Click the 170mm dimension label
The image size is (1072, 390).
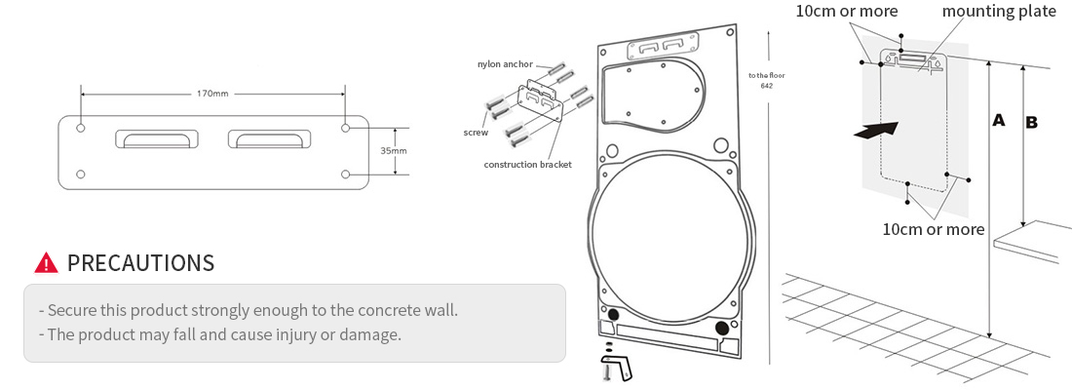click(212, 94)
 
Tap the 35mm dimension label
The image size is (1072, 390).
click(394, 151)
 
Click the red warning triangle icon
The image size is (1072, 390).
click(46, 262)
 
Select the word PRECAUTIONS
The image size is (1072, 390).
click(140, 262)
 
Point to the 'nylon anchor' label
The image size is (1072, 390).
click(505, 64)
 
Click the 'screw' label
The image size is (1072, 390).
click(476, 133)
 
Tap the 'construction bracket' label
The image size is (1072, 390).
click(527, 164)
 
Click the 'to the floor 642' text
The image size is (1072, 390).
click(766, 81)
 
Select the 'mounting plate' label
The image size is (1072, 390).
click(998, 12)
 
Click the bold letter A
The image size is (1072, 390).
click(998, 121)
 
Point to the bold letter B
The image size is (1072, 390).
click(1031, 123)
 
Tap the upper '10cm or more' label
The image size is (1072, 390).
click(847, 12)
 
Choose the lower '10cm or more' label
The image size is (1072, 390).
click(933, 229)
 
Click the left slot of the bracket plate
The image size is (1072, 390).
click(155, 139)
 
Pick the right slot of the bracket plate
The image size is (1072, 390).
click(269, 139)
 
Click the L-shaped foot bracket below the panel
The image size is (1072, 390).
click(618, 368)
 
